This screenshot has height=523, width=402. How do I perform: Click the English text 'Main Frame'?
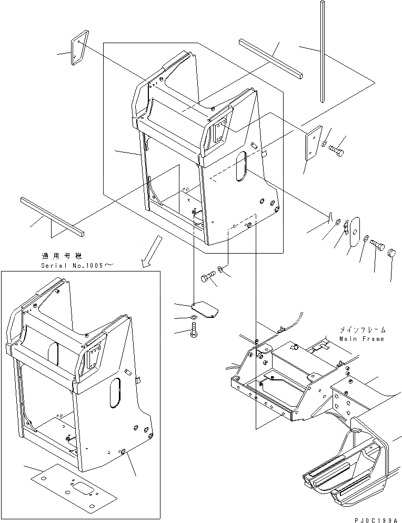point(362,339)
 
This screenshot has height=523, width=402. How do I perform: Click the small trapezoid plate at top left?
point(77,52)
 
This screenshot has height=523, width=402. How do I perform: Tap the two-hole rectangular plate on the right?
point(313,143)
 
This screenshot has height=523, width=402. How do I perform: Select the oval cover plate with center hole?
point(356,230)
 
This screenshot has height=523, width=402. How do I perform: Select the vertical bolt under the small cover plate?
point(193,332)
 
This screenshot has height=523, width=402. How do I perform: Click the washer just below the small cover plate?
point(194,318)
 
